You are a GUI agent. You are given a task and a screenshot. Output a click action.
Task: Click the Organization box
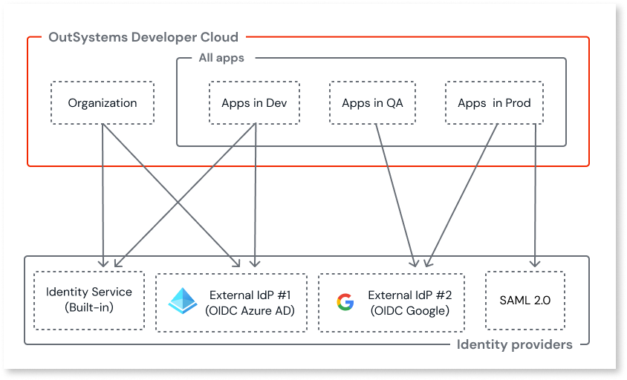click(x=103, y=103)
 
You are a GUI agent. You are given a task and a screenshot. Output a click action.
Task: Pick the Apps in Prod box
click(x=494, y=103)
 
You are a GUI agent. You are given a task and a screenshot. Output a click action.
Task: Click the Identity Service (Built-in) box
click(x=89, y=300)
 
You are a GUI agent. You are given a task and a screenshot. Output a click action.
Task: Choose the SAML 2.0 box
click(x=524, y=300)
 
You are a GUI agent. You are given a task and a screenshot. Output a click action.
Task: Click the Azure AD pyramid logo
click(x=183, y=301)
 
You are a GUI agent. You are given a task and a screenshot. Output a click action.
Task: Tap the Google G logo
click(x=345, y=301)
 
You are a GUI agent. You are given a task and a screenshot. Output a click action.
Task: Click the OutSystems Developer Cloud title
click(x=143, y=37)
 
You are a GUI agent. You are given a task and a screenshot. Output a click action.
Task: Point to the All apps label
click(x=221, y=58)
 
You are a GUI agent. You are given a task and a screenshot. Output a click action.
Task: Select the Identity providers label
click(x=514, y=344)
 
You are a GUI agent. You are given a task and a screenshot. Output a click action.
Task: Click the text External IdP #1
click(x=249, y=295)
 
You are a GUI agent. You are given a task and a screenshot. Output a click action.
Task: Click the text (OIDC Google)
click(x=409, y=311)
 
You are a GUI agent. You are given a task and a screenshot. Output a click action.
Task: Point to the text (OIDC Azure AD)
click(x=249, y=311)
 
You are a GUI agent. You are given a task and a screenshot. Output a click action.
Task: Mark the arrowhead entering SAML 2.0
click(x=535, y=263)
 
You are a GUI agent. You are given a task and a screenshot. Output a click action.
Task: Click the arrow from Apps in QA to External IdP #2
click(x=395, y=193)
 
